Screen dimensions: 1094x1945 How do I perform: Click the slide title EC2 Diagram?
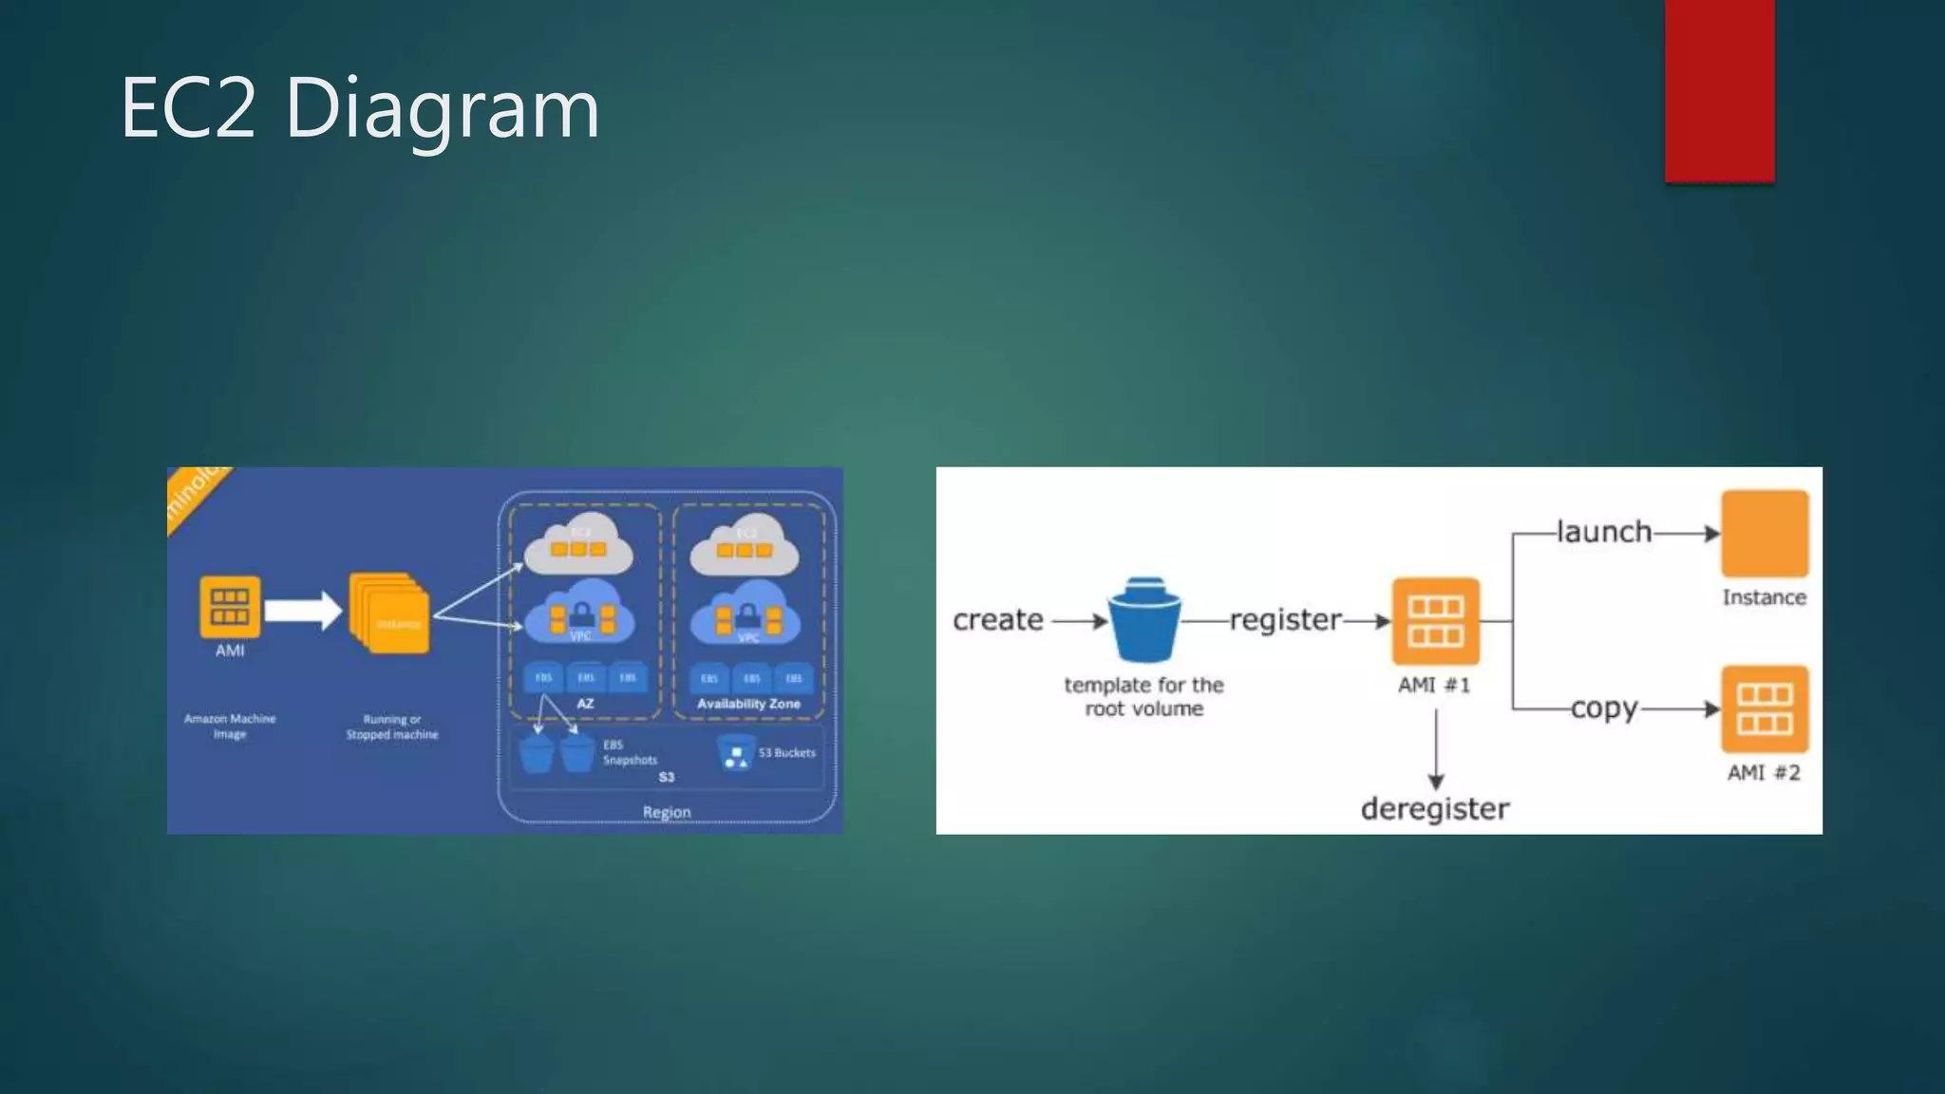pos(360,108)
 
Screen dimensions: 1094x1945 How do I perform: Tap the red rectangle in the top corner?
pos(1719,90)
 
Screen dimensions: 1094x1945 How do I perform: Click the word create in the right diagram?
pos(997,620)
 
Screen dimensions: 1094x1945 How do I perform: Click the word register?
pos(1285,620)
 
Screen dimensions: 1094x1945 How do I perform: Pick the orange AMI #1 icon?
pos(1435,621)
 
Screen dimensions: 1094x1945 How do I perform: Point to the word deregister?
pos(1434,809)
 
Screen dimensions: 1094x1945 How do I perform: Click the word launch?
pos(1604,532)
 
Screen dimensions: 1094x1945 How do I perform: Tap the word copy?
pos(1603,708)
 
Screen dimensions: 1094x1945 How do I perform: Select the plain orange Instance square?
pos(1765,534)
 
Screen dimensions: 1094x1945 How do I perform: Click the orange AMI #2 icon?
pos(1765,709)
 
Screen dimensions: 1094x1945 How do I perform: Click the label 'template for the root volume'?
pos(1143,697)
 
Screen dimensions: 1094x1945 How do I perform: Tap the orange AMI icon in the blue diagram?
pos(230,607)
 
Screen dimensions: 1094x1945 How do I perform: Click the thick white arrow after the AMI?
pos(302,610)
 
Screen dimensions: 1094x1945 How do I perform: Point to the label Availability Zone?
pos(748,704)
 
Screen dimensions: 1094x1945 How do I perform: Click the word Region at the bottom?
pos(667,812)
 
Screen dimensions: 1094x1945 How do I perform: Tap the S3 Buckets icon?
pos(736,753)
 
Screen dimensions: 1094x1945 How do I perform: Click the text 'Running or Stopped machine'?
pos(392,727)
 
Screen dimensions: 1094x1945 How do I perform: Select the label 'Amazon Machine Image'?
pos(230,726)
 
